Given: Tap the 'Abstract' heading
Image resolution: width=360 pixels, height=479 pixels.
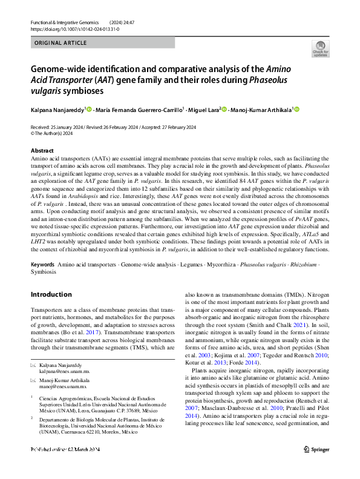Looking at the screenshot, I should click(x=42, y=150).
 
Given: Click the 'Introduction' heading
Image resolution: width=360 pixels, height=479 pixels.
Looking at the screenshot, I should click(x=51, y=294).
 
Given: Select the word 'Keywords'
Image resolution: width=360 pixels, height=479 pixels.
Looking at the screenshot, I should click(x=43, y=265).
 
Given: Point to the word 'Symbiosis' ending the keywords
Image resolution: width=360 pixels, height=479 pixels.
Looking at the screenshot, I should click(x=43, y=272).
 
